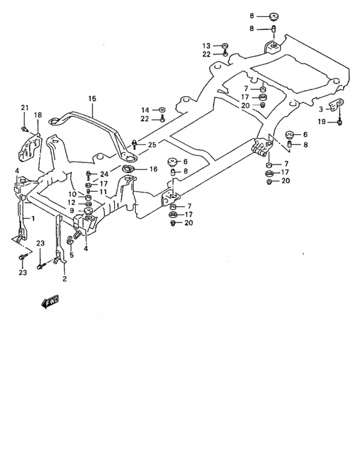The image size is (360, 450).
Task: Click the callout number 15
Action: point(92,98)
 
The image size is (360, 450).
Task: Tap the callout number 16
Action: point(153,169)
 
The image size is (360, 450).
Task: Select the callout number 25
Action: point(152,145)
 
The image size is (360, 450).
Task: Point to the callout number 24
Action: point(104,175)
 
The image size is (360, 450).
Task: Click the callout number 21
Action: point(24,107)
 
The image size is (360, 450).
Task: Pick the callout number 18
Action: point(38,115)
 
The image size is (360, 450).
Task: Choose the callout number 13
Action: point(206,46)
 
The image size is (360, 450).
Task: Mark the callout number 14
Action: point(145,110)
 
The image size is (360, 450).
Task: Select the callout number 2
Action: point(64,279)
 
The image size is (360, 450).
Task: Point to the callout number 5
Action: point(71,255)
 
